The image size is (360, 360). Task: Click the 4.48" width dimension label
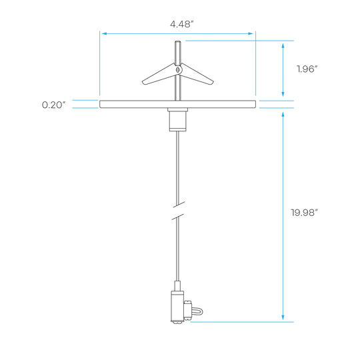coord(182,24)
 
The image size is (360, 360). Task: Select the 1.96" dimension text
coord(307,69)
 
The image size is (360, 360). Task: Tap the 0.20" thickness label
coord(54,105)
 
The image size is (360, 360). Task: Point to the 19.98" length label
coord(305,213)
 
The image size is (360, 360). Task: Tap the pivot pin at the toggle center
coord(178,69)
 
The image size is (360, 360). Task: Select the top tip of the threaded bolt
coord(178,41)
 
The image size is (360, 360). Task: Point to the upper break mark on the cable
coord(179,205)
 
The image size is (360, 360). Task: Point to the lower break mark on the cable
coord(178,217)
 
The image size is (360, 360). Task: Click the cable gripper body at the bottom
coord(177,306)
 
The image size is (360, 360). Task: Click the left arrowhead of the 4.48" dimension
coord(104,33)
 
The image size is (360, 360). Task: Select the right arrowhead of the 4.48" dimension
coord(251,33)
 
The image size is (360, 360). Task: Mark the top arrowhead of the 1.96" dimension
coord(283,45)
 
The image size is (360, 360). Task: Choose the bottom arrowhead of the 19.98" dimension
coord(283,317)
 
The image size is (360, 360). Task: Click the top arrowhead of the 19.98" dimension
coord(283,115)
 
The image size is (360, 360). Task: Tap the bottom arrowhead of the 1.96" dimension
coord(283,94)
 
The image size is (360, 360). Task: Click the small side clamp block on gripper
coord(187,310)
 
